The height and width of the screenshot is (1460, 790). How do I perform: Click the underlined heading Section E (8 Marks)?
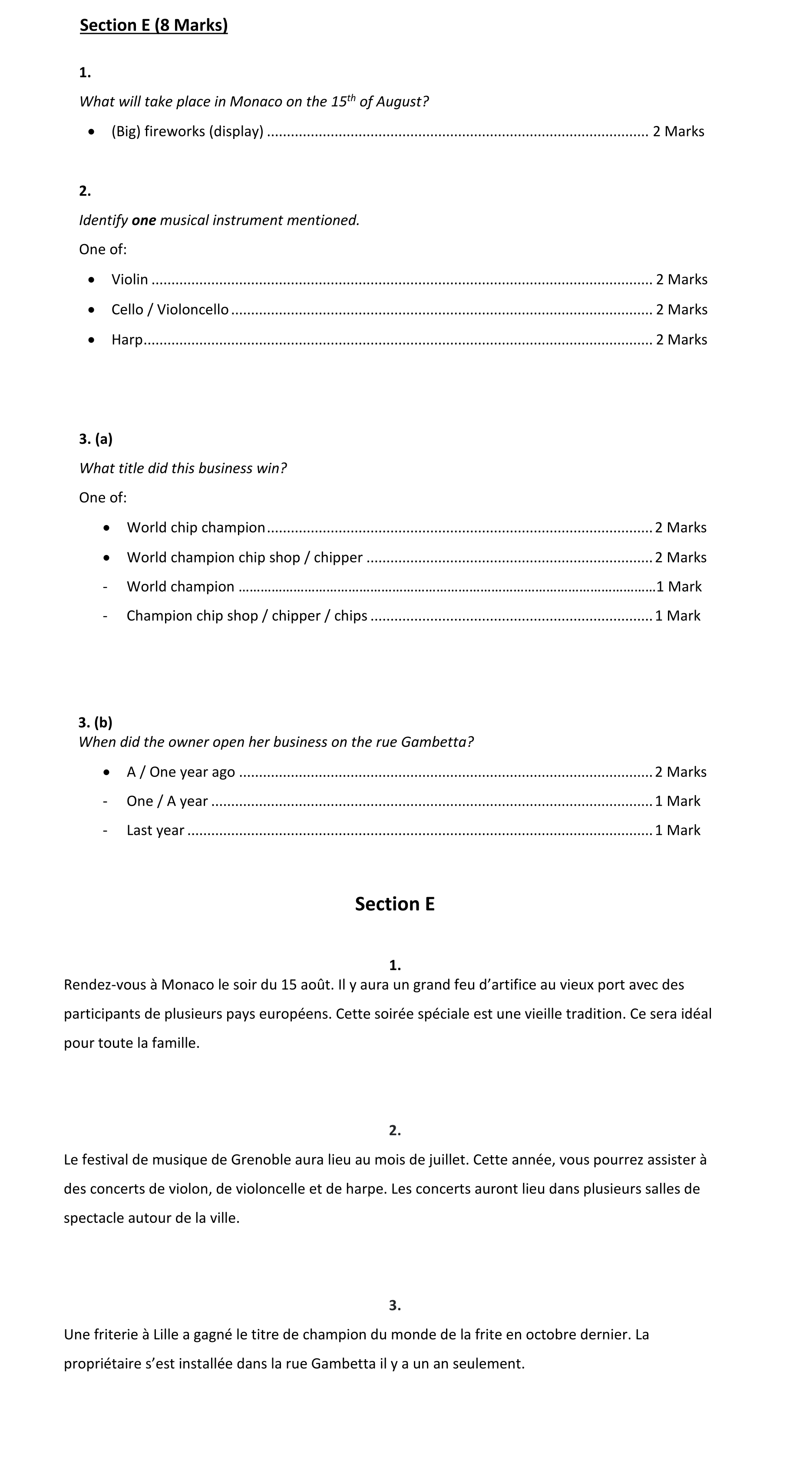pos(154,26)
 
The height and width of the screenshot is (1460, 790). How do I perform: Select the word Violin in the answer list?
pos(130,279)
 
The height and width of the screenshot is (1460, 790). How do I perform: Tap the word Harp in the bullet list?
pos(127,340)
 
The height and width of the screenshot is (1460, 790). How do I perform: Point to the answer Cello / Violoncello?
pos(170,310)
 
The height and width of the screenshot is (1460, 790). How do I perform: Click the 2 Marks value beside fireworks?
pos(678,132)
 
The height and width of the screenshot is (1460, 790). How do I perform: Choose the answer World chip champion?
pos(196,528)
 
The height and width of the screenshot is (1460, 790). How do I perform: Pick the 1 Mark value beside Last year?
pos(678,830)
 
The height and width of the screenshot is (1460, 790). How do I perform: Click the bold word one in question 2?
pos(144,221)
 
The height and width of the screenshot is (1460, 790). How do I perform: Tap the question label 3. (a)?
pos(96,439)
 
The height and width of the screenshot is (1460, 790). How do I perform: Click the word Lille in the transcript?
pos(166,1335)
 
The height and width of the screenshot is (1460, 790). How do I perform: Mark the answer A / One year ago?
pos(181,773)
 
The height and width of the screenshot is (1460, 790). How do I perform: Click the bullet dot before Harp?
pos(92,340)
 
